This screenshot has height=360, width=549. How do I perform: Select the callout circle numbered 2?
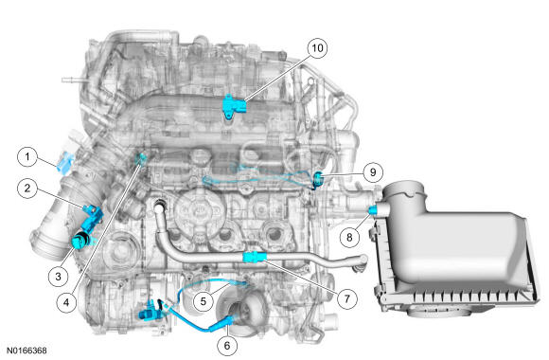click(29, 188)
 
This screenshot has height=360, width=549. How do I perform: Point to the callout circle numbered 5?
click(202, 300)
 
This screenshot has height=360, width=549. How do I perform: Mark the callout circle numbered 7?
click(346, 297)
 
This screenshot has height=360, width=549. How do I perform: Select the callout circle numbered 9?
click(373, 171)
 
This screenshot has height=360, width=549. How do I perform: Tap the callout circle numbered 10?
click(316, 46)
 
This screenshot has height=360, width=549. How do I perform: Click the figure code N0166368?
click(25, 351)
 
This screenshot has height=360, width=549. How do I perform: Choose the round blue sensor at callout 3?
click(81, 237)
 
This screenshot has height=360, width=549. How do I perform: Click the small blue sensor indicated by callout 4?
click(142, 157)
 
